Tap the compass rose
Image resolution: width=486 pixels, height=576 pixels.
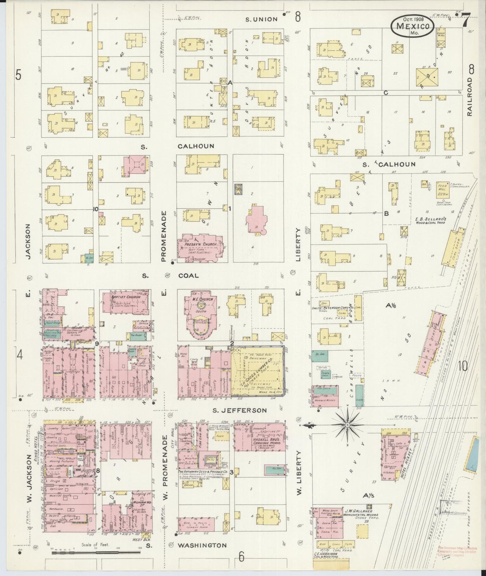[347, 425]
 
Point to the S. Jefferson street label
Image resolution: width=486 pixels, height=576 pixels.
[240, 410]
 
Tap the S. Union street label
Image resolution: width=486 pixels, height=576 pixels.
[262, 19]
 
